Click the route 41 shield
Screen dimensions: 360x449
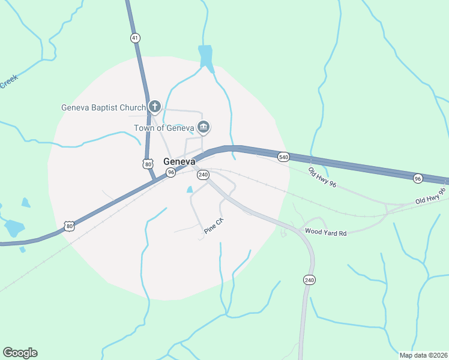(135, 38)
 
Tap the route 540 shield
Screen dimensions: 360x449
(284, 157)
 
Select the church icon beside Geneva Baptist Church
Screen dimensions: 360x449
(155, 107)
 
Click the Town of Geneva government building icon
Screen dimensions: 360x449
(203, 127)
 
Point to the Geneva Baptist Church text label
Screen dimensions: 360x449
(104, 108)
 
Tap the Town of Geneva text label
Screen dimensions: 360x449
(163, 128)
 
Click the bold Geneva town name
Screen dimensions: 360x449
(179, 161)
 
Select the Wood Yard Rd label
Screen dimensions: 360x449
(326, 232)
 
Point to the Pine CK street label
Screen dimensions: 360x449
(214, 226)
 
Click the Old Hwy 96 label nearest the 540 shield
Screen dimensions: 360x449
(322, 176)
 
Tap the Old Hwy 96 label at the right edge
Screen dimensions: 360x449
(430, 198)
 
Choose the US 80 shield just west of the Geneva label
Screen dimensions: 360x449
(148, 163)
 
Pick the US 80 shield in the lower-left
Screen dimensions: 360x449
(70, 226)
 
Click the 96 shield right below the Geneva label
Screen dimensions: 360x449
(171, 173)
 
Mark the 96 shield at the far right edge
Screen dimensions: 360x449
(418, 178)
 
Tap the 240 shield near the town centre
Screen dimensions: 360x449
(203, 175)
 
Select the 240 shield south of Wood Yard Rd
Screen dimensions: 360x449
(309, 280)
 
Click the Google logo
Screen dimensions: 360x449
(20, 353)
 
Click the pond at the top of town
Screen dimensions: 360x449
(205, 55)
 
